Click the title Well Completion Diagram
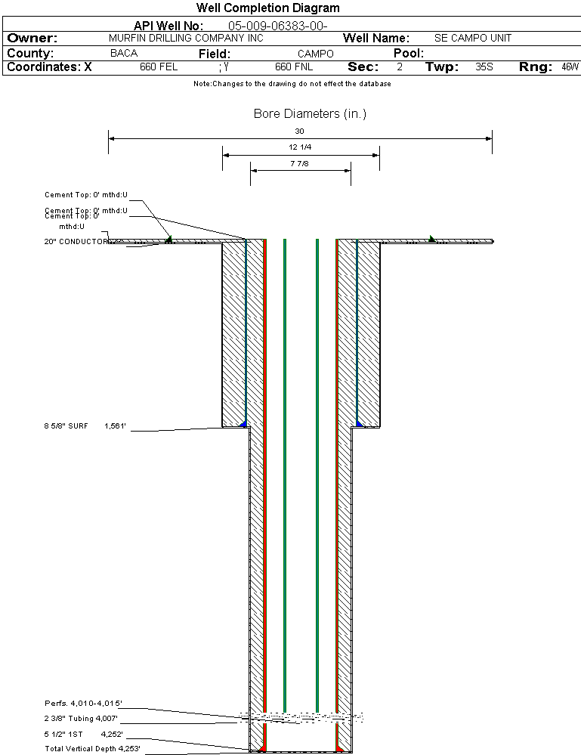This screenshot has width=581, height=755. pyautogui.click(x=268, y=8)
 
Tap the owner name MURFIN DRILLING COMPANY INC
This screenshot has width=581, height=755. pyautogui.click(x=186, y=38)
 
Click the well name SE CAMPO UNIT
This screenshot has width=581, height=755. pyautogui.click(x=473, y=38)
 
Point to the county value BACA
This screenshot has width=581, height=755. pyautogui.click(x=124, y=54)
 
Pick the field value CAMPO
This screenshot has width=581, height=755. pyautogui.click(x=315, y=54)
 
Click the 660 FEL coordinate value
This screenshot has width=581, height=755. pyautogui.click(x=159, y=67)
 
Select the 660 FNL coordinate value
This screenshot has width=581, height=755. pyautogui.click(x=293, y=67)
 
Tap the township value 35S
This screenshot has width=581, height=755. pyautogui.click(x=484, y=67)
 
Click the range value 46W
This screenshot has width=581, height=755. pyautogui.click(x=570, y=67)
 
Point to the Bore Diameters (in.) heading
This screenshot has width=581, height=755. pyautogui.click(x=310, y=114)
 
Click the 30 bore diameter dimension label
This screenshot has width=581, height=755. pyautogui.click(x=300, y=131)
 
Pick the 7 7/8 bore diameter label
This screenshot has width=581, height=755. pyautogui.click(x=300, y=163)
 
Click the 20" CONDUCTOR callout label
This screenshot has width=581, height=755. pyautogui.click(x=76, y=242)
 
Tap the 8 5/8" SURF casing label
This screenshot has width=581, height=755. pyautogui.click(x=66, y=426)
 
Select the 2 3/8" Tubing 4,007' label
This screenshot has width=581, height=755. pyautogui.click(x=81, y=719)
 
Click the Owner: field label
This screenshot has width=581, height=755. pyautogui.click(x=32, y=38)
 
